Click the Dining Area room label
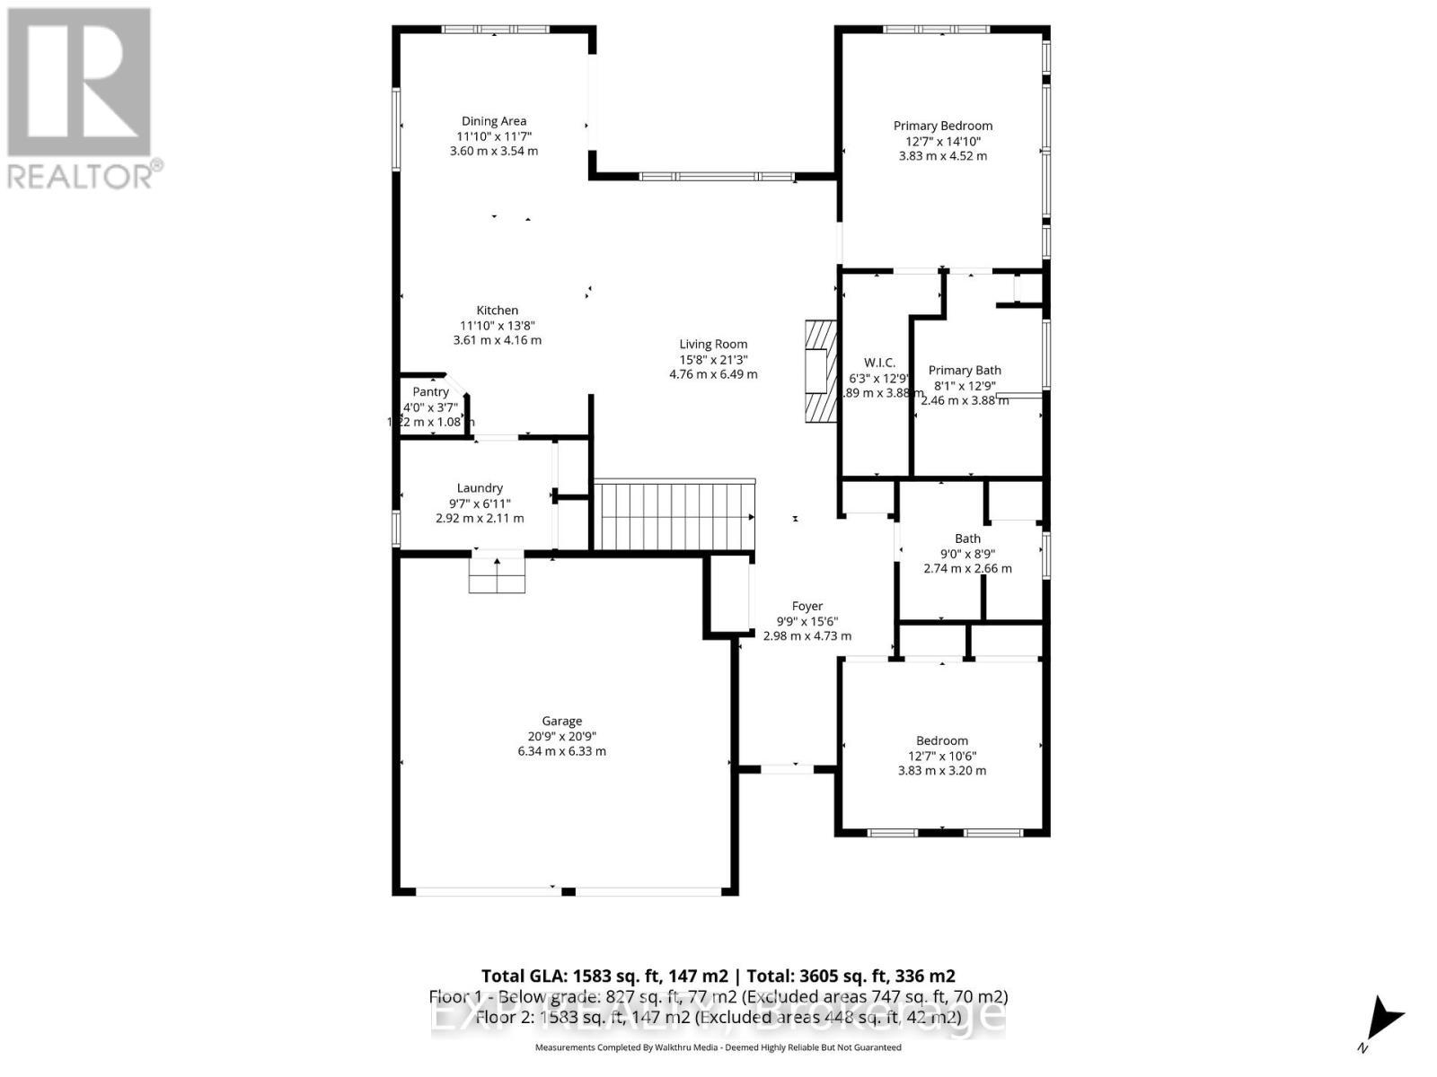tap(494, 121)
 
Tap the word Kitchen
tap(497, 311)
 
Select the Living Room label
tap(713, 344)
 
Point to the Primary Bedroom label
tap(942, 126)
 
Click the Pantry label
tap(430, 391)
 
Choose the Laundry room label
tap(480, 488)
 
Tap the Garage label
tap(561, 721)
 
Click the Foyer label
tap(807, 606)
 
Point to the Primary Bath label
tap(964, 370)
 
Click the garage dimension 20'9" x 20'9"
tap(561, 736)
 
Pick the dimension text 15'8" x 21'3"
tap(713, 359)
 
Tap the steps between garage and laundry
tap(497, 574)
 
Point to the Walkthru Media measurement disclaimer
tap(718, 1047)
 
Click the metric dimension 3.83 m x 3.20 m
tap(942, 770)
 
